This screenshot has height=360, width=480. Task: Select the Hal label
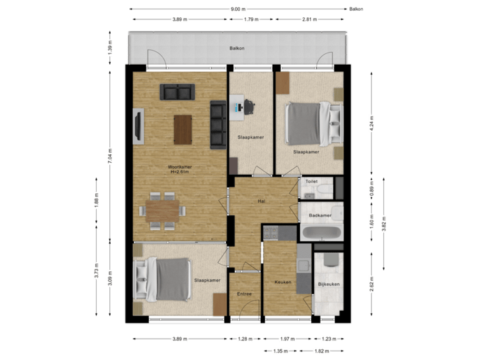coord(262,201)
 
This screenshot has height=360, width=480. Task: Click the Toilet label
coord(311,181)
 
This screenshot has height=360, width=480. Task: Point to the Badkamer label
coord(321,215)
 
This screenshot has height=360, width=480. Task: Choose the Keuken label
coord(283,282)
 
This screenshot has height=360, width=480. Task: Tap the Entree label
coord(245,294)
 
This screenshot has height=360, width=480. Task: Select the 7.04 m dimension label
coord(111,156)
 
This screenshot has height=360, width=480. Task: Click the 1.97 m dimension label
coord(287,339)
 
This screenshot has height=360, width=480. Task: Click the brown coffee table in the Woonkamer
coord(183,129)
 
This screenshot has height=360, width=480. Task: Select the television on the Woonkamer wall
coord(139,127)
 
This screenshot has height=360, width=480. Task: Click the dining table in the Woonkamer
coord(163,210)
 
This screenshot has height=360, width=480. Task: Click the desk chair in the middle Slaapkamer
coord(249,105)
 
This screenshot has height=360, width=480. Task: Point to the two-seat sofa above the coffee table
coord(177,91)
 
